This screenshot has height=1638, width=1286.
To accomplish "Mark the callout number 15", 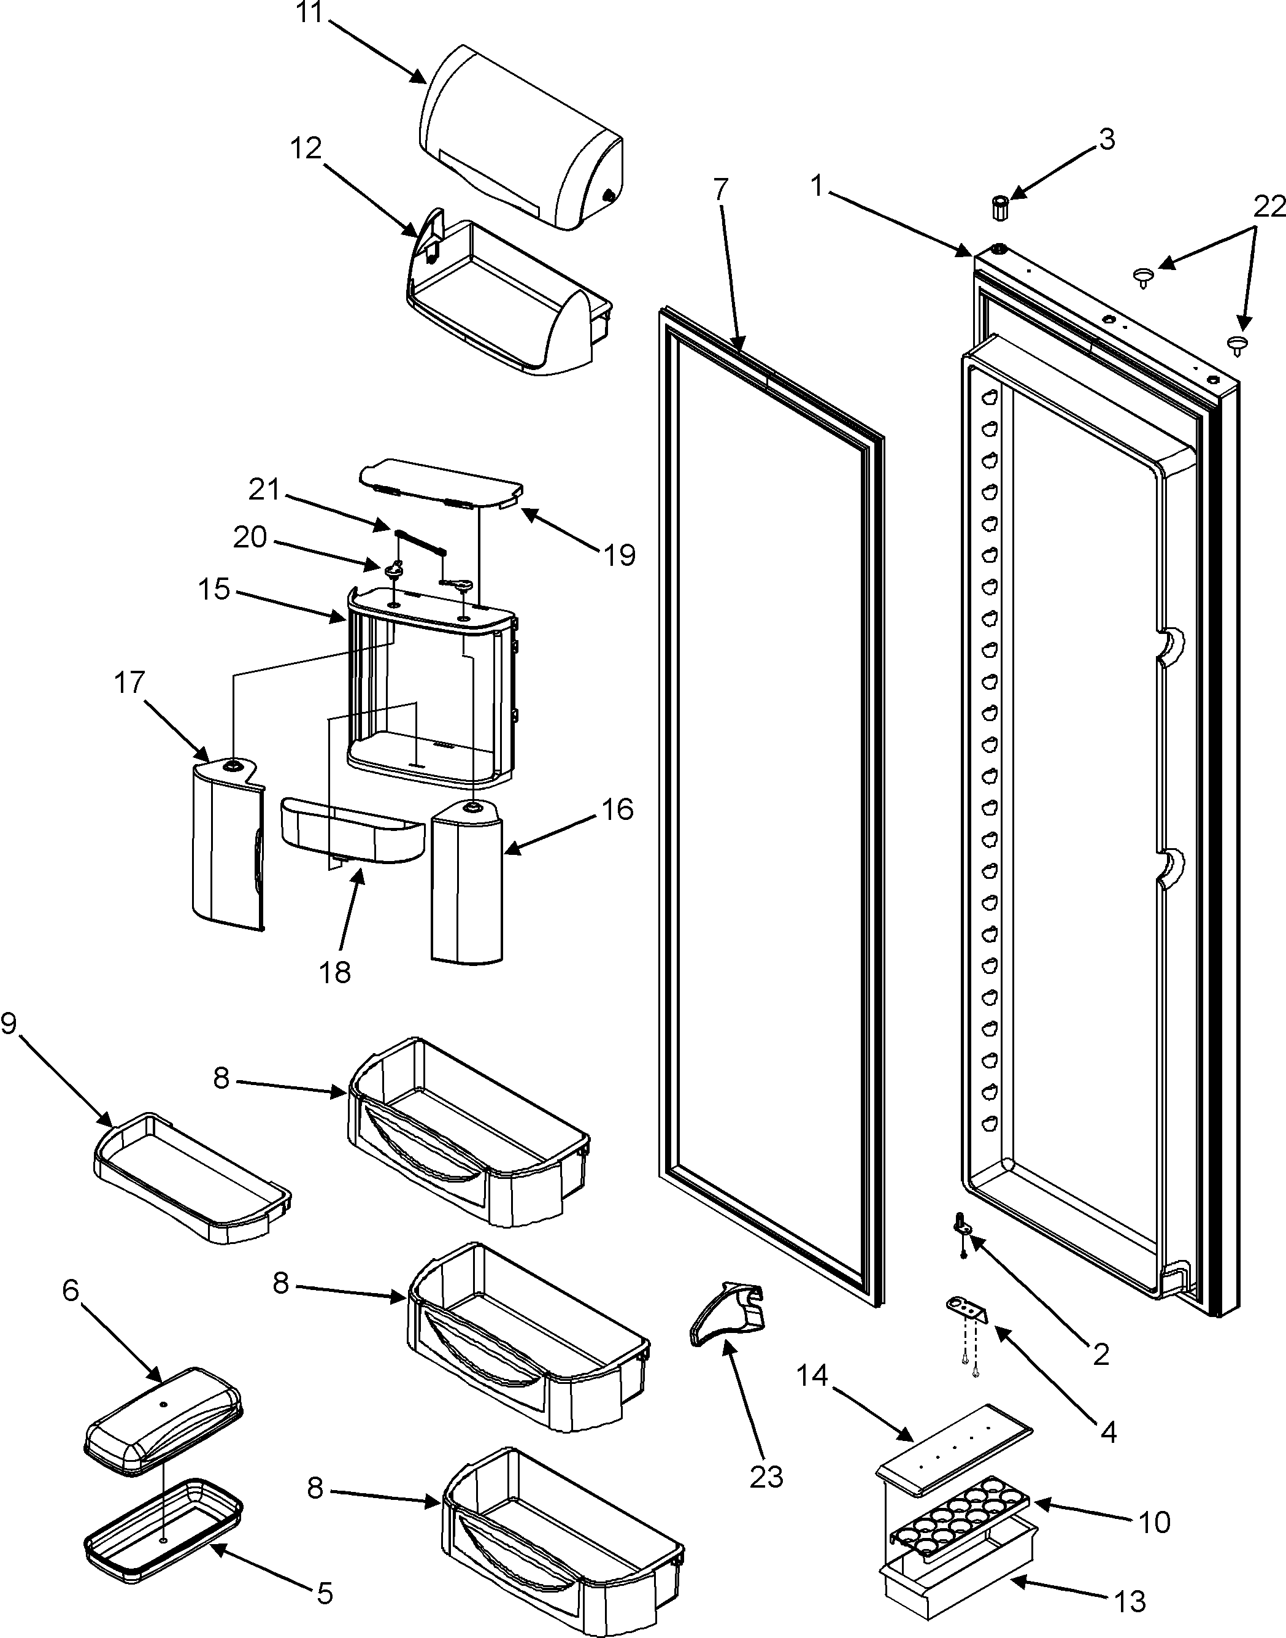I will click(214, 589).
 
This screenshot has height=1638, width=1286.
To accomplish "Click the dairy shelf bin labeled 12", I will click(504, 301).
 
